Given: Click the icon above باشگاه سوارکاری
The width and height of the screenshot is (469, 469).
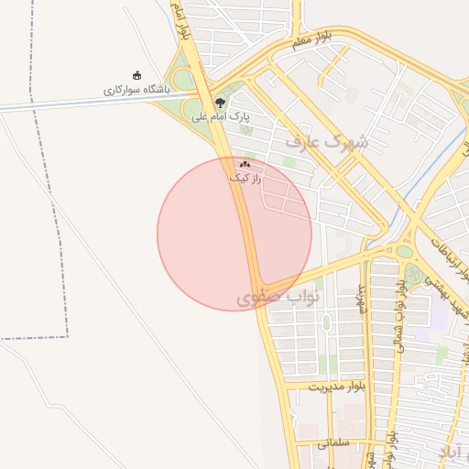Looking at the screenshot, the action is tap(137, 76).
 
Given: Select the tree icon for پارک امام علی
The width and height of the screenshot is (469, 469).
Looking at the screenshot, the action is tap(218, 103).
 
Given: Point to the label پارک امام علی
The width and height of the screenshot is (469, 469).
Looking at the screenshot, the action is tap(220, 116).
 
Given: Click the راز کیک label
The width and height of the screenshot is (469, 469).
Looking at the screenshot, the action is tap(245, 178).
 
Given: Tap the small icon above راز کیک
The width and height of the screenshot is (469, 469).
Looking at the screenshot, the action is tap(245, 164).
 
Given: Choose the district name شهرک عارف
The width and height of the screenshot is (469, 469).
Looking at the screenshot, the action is tap(326, 142).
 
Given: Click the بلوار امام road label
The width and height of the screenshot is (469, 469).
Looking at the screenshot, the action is tap(181, 20).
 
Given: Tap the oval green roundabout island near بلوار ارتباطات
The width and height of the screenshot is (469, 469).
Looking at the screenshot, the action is tap(404, 251).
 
